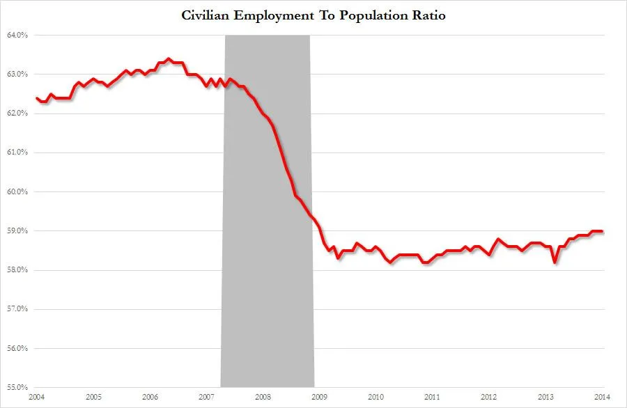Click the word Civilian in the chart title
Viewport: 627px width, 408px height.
(208, 15)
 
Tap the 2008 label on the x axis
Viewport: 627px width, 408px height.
(263, 397)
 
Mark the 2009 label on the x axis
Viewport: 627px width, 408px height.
(320, 397)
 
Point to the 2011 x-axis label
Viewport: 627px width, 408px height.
(433, 397)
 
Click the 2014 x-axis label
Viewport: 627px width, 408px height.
(601, 397)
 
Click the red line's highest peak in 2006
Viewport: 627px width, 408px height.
(169, 59)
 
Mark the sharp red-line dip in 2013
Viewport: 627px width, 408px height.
(555, 262)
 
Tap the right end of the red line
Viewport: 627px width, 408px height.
(603, 232)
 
